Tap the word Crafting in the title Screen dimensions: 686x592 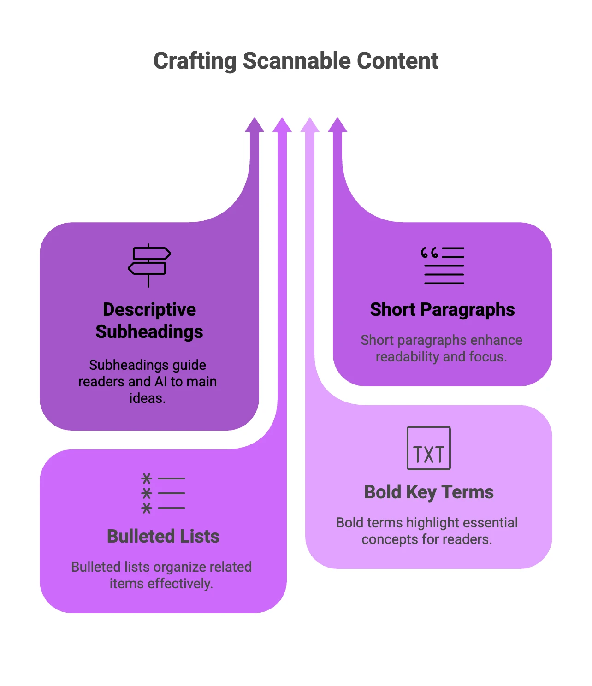pyautogui.click(x=195, y=61)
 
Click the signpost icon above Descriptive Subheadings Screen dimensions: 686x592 pyautogui.click(x=149, y=265)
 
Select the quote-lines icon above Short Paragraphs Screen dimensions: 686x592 pyautogui.click(x=442, y=266)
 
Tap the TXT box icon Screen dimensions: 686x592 pyautogui.click(x=428, y=448)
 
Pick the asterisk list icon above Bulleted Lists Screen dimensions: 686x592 pyautogui.click(x=163, y=493)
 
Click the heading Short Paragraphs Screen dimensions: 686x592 pyautogui.click(x=442, y=310)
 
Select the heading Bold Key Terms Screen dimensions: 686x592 pyautogui.click(x=428, y=492)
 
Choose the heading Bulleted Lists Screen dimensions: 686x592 pyautogui.click(x=163, y=536)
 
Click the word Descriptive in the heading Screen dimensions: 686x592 pyautogui.click(x=149, y=309)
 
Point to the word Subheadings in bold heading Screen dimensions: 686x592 pyautogui.click(x=149, y=332)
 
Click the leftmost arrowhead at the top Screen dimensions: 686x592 pyautogui.click(x=255, y=125)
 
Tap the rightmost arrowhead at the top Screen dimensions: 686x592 pyautogui.click(x=337, y=125)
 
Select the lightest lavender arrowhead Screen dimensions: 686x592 pyautogui.click(x=310, y=125)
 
